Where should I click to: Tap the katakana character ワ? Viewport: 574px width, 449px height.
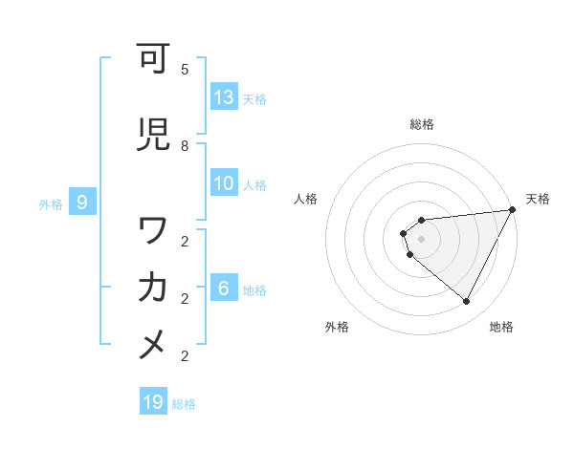click(x=154, y=231)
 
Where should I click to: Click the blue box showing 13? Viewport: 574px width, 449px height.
click(x=224, y=96)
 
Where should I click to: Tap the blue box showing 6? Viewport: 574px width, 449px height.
click(x=224, y=288)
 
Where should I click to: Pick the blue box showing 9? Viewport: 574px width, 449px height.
click(x=82, y=202)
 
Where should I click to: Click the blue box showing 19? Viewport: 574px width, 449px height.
click(x=153, y=402)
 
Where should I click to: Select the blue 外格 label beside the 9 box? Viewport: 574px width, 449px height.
click(x=50, y=203)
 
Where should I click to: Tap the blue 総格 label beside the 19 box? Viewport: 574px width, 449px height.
click(x=184, y=404)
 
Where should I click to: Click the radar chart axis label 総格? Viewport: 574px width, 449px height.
click(x=422, y=124)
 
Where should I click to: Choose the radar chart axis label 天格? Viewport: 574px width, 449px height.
click(x=538, y=199)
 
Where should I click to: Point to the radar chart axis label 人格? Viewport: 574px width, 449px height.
click(x=306, y=199)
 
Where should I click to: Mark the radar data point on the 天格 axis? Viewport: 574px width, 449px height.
click(x=513, y=210)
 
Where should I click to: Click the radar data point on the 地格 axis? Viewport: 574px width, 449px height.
click(x=466, y=302)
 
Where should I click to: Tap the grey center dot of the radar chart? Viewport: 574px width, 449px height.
click(x=422, y=239)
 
